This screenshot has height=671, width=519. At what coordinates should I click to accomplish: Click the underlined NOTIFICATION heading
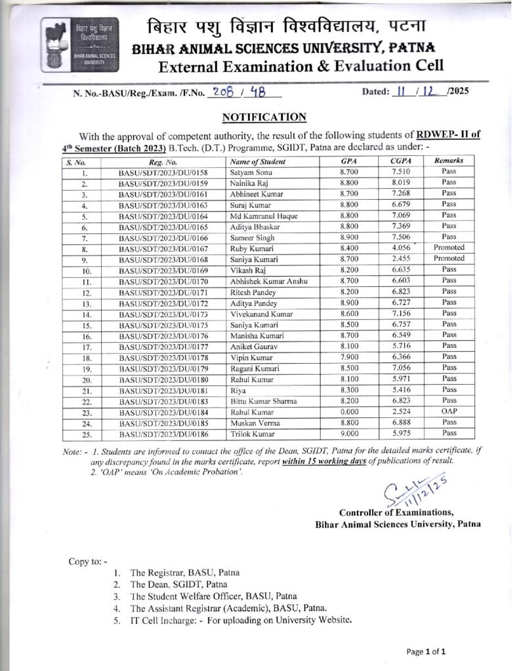264,117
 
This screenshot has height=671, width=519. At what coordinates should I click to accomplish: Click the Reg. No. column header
163,161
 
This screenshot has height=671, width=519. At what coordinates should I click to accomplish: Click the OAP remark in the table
449,412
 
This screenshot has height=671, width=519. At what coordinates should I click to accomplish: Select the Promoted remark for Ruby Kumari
449,248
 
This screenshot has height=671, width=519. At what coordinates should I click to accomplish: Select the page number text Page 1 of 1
426,651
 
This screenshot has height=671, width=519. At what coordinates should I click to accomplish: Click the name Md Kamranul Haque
264,216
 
